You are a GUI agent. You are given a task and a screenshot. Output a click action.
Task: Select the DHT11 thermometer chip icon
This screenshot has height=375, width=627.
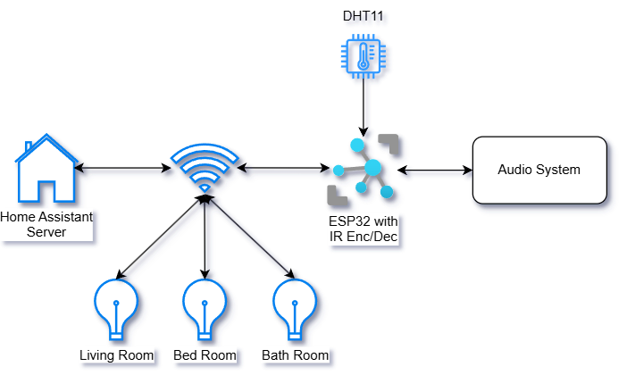coord(362,58)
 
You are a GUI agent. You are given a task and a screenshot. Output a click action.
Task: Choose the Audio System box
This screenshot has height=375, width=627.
coord(539,170)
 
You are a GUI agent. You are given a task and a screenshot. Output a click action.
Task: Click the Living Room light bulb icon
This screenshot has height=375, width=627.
coord(116,309)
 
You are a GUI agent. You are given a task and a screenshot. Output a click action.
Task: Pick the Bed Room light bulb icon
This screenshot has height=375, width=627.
coord(205,309)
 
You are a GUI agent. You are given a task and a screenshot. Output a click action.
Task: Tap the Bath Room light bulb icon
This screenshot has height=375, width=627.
coord(295,309)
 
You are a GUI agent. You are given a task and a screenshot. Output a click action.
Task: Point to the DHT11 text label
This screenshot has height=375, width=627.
coord(362,16)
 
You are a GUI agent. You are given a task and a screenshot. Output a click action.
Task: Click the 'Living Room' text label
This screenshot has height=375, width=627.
coord(116,355)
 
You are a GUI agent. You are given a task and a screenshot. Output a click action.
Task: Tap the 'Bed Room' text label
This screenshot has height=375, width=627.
coord(205,355)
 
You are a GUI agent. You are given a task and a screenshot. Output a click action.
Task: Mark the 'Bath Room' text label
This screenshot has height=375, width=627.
coord(295,355)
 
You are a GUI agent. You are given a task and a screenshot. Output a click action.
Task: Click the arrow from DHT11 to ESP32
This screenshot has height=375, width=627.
coord(362,108)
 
